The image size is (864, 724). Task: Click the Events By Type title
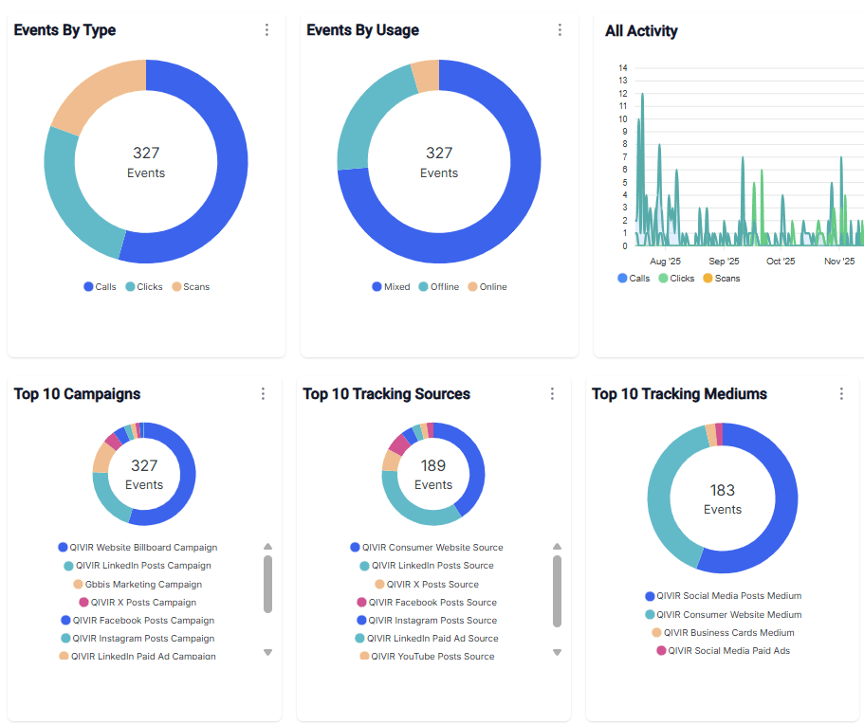pyautogui.click(x=64, y=30)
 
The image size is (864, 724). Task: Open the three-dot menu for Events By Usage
pyautogui.click(x=560, y=30)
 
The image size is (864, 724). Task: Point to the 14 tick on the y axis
pyautogui.click(x=622, y=68)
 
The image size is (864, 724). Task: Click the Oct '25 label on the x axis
pyautogui.click(x=781, y=262)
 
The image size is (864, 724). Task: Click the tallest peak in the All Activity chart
pyautogui.click(x=642, y=94)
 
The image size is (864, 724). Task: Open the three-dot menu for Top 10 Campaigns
pyautogui.click(x=263, y=394)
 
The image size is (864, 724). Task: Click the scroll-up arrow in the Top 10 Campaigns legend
pyautogui.click(x=267, y=547)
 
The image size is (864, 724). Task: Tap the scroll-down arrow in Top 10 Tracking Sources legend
pyautogui.click(x=557, y=652)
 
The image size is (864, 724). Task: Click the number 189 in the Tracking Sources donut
pyautogui.click(x=433, y=465)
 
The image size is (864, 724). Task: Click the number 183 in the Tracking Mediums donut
pyautogui.click(x=723, y=490)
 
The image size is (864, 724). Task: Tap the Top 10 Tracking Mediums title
pyautogui.click(x=679, y=394)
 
